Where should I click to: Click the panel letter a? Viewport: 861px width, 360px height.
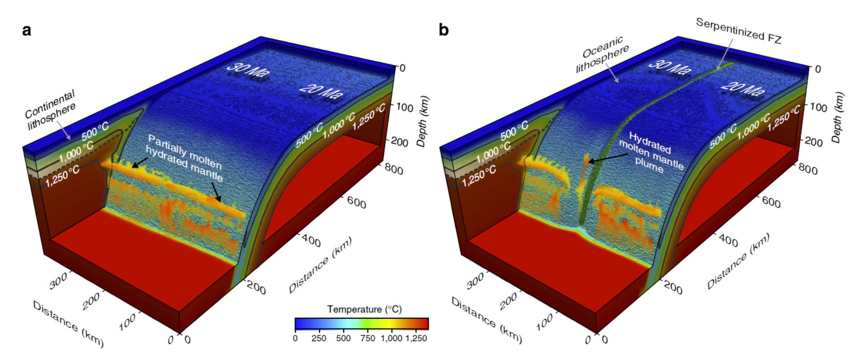[x=27, y=31]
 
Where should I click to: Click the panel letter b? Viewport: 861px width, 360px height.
[x=443, y=31]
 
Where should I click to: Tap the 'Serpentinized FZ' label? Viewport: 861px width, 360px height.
[x=739, y=31]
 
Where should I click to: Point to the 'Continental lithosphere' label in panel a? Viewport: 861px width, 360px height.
[x=50, y=110]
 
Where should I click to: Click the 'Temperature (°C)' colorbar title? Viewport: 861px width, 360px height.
[x=364, y=309]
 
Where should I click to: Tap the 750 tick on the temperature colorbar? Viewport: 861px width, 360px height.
[x=367, y=338]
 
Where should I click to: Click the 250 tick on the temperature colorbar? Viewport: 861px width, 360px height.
[x=319, y=338]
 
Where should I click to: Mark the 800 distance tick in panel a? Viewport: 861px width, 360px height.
[x=393, y=169]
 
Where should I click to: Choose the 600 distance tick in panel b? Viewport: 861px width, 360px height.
[x=771, y=202]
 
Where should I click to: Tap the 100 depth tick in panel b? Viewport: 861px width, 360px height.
[x=818, y=107]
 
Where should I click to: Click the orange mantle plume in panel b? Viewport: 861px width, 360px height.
[x=587, y=160]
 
